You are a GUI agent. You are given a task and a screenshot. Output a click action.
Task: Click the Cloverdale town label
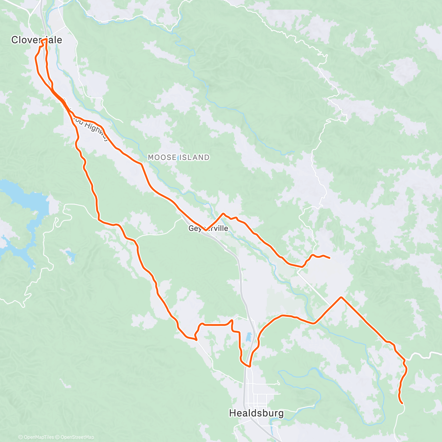pyautogui.click(x=36, y=40)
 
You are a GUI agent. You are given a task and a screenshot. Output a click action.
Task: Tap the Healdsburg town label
pyautogui.click(x=256, y=413)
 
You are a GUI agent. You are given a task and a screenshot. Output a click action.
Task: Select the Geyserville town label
pyautogui.click(x=208, y=229)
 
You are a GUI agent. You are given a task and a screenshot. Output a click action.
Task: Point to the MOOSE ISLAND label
pyautogui.click(x=179, y=157)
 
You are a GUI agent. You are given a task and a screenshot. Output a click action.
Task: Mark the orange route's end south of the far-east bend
pyautogui.click(x=401, y=403)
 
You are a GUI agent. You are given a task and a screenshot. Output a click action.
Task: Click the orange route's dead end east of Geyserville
pyautogui.click(x=329, y=258)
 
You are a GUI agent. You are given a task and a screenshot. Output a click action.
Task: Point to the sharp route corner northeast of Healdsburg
pyautogui.click(x=341, y=297)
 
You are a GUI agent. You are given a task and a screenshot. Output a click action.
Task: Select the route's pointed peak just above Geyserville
pyautogui.click(x=223, y=213)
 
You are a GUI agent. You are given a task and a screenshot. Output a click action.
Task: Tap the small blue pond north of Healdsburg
pyautogui.click(x=249, y=337)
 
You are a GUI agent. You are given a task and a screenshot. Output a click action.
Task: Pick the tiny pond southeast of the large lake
pyautogui.click(x=69, y=254)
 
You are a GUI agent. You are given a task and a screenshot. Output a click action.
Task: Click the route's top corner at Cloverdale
pyautogui.click(x=46, y=39)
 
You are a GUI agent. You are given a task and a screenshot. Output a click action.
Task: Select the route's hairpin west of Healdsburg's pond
pyautogui.click(x=195, y=338)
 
